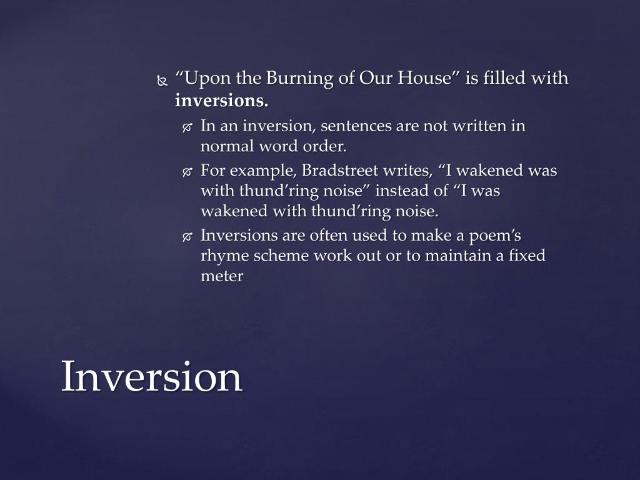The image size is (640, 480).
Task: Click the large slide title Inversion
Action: coord(151,377)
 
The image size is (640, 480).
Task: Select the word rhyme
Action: coord(223,256)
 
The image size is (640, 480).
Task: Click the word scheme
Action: coord(278,256)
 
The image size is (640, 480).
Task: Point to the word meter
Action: coord(221,276)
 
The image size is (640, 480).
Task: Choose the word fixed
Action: coord(525,256)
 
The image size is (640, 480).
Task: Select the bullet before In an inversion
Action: coord(187,127)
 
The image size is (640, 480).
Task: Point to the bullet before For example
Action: coord(187,172)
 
